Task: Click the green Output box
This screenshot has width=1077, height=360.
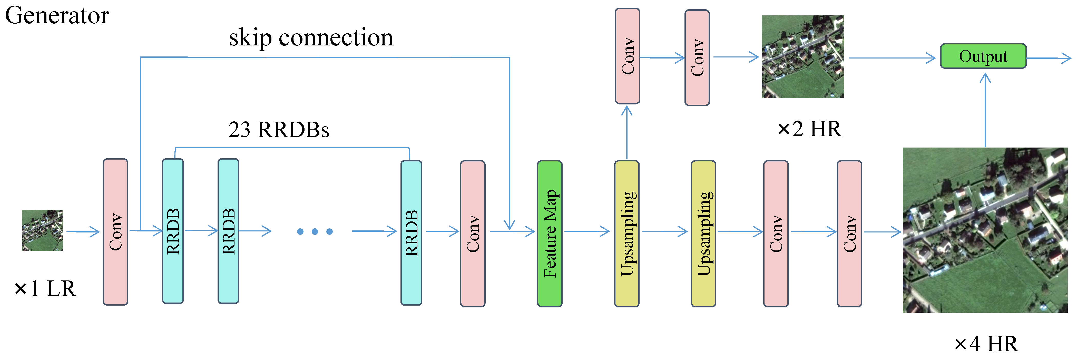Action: tap(983, 56)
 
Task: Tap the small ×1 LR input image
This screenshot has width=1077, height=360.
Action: tap(42, 230)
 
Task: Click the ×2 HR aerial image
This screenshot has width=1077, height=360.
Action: tap(803, 57)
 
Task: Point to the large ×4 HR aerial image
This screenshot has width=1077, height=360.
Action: tap(985, 230)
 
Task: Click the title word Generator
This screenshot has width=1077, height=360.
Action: tap(57, 16)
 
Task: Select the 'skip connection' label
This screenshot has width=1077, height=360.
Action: tap(311, 38)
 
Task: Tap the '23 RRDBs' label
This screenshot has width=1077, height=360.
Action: tap(278, 130)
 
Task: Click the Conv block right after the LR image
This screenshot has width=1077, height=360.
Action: tap(115, 232)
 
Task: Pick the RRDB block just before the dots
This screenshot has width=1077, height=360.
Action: tap(228, 231)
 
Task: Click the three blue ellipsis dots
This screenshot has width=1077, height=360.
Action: tap(315, 231)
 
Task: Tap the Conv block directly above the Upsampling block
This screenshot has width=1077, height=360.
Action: tap(627, 56)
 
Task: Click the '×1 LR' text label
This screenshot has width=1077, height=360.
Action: tap(45, 288)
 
